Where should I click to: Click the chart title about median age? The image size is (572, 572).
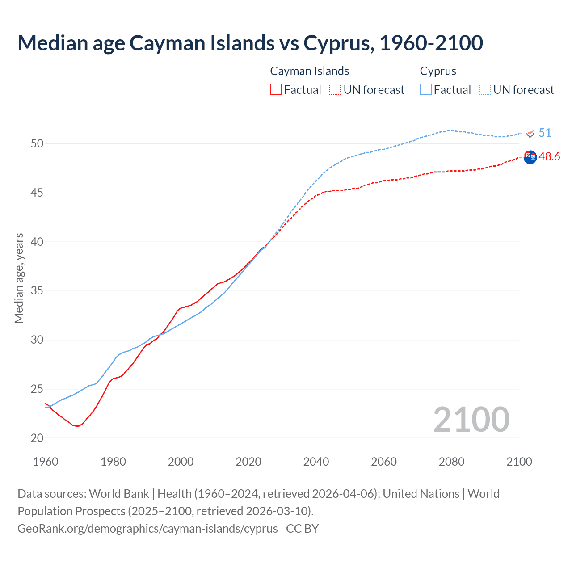coord(250,43)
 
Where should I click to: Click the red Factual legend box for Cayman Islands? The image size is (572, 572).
coord(276,89)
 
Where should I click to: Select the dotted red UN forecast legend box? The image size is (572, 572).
coord(335,89)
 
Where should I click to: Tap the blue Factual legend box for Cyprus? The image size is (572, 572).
coord(426,89)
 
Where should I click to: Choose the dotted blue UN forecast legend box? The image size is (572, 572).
coord(485,89)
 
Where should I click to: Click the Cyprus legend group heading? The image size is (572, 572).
coord(438,71)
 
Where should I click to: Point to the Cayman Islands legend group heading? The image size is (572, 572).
coord(309,71)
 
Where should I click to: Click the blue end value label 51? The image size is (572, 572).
coord(545,133)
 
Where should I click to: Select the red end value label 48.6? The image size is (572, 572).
coord(549,156)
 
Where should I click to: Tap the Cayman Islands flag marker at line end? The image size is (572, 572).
coord(530,157)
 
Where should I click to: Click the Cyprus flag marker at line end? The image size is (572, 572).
coord(530,134)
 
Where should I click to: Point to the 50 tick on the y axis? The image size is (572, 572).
coord(37,143)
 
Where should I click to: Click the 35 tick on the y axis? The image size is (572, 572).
coord(37,291)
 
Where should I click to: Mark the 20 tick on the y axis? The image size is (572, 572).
coord(37,438)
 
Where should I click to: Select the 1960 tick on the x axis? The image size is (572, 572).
coord(46,462)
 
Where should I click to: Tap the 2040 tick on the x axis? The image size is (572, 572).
coord(316,462)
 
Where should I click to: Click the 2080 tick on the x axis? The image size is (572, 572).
coord(451,462)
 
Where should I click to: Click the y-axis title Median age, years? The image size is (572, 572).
coord(19,278)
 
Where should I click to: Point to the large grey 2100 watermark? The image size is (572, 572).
coord(471,419)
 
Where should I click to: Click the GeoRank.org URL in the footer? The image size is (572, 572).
coord(147,528)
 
